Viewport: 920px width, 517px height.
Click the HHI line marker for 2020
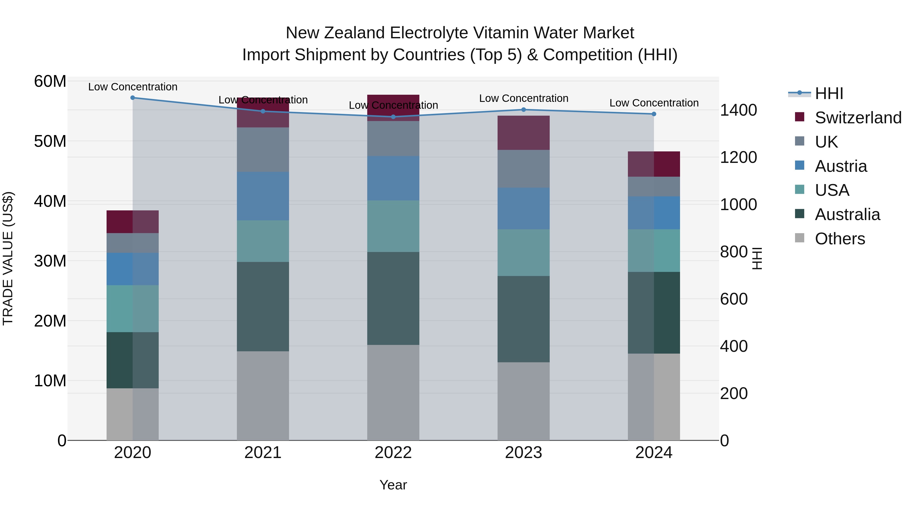[132, 98]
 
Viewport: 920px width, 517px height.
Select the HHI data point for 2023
[524, 110]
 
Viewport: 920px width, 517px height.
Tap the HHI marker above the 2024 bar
[654, 114]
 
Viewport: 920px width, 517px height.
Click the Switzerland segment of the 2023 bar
[524, 133]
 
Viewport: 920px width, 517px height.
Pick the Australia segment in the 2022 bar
[393, 298]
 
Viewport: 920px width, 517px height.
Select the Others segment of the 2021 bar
[263, 396]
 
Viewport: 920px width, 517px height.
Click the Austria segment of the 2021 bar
[263, 196]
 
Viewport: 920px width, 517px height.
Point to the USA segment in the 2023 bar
[524, 253]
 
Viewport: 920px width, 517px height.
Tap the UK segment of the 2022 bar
[393, 138]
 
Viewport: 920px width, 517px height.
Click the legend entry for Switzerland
[858, 118]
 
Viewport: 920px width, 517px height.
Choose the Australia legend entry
[847, 214]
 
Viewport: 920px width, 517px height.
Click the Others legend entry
[840, 239]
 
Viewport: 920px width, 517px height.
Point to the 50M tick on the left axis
[50, 141]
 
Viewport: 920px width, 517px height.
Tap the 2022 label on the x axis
[393, 453]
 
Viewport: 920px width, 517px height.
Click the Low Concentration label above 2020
[132, 87]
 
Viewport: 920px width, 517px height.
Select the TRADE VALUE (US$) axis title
[8, 258]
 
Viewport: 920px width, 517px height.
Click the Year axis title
[393, 485]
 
